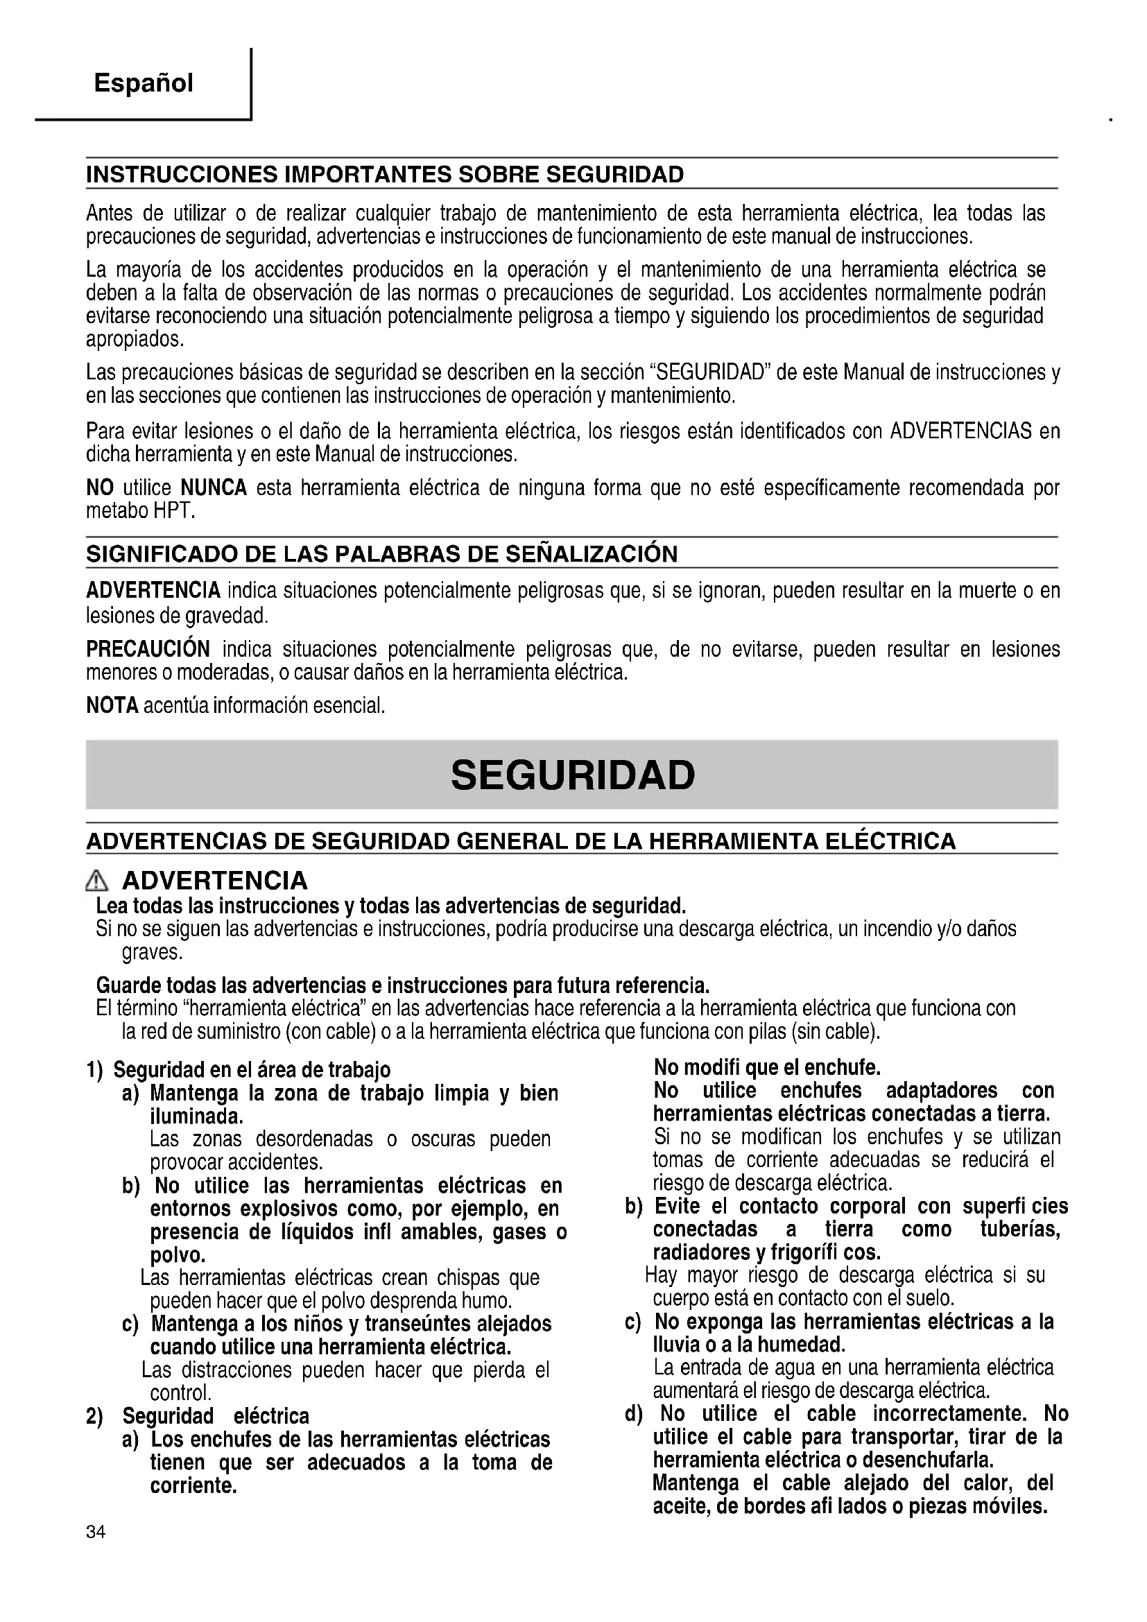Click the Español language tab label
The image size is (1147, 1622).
coord(144,83)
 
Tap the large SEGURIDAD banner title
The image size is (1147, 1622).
coord(573,775)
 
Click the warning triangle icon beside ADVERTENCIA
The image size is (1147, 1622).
coord(96,881)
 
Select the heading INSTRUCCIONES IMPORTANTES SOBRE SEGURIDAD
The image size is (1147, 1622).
coord(385,175)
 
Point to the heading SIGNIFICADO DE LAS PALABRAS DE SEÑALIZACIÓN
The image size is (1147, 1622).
coord(381,555)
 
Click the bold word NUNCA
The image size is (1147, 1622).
coord(214,488)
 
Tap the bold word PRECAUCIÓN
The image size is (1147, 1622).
coord(148,648)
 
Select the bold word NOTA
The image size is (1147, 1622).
coord(112,705)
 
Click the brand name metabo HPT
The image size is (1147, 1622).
coord(140,511)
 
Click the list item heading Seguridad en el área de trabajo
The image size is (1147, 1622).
coord(252,1070)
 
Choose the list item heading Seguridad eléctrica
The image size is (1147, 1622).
coord(216,1416)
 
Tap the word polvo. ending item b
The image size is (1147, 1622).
coord(178,1255)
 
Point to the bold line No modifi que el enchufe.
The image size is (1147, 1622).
coord(767,1067)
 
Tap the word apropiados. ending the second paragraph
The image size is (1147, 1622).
coord(135,340)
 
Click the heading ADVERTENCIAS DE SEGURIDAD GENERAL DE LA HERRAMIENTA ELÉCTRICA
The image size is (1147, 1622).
coord(521,841)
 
